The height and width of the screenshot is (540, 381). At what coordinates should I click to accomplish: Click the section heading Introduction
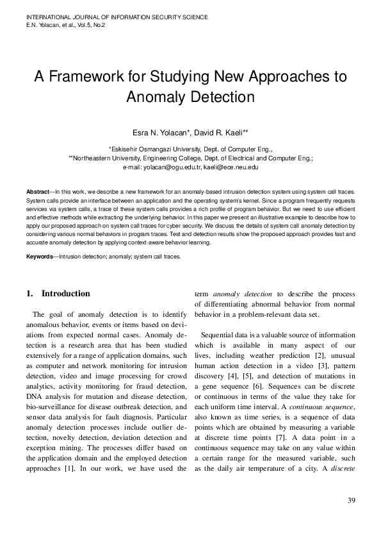66,294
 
